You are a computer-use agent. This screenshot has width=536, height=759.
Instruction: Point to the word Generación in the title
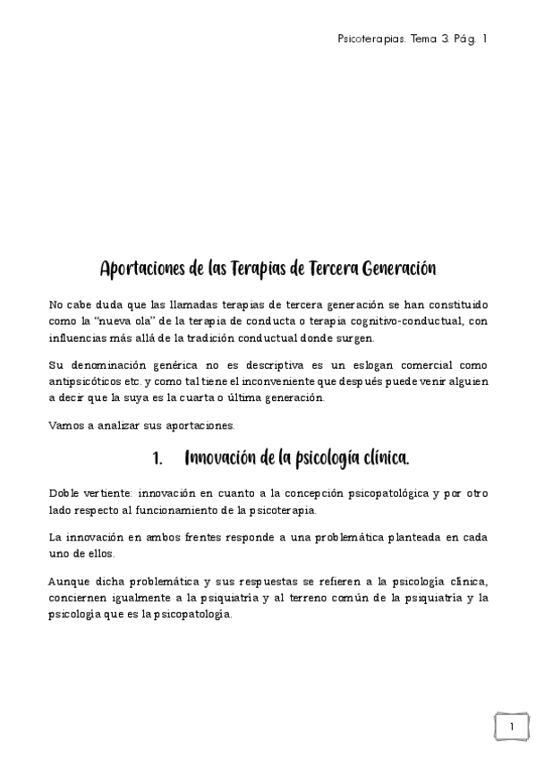pyautogui.click(x=395, y=268)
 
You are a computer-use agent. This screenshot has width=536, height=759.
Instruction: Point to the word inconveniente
pyautogui.click(x=296, y=382)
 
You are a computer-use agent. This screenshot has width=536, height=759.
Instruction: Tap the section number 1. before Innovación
pyautogui.click(x=157, y=459)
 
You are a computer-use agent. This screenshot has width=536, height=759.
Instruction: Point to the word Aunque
pyautogui.click(x=70, y=581)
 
